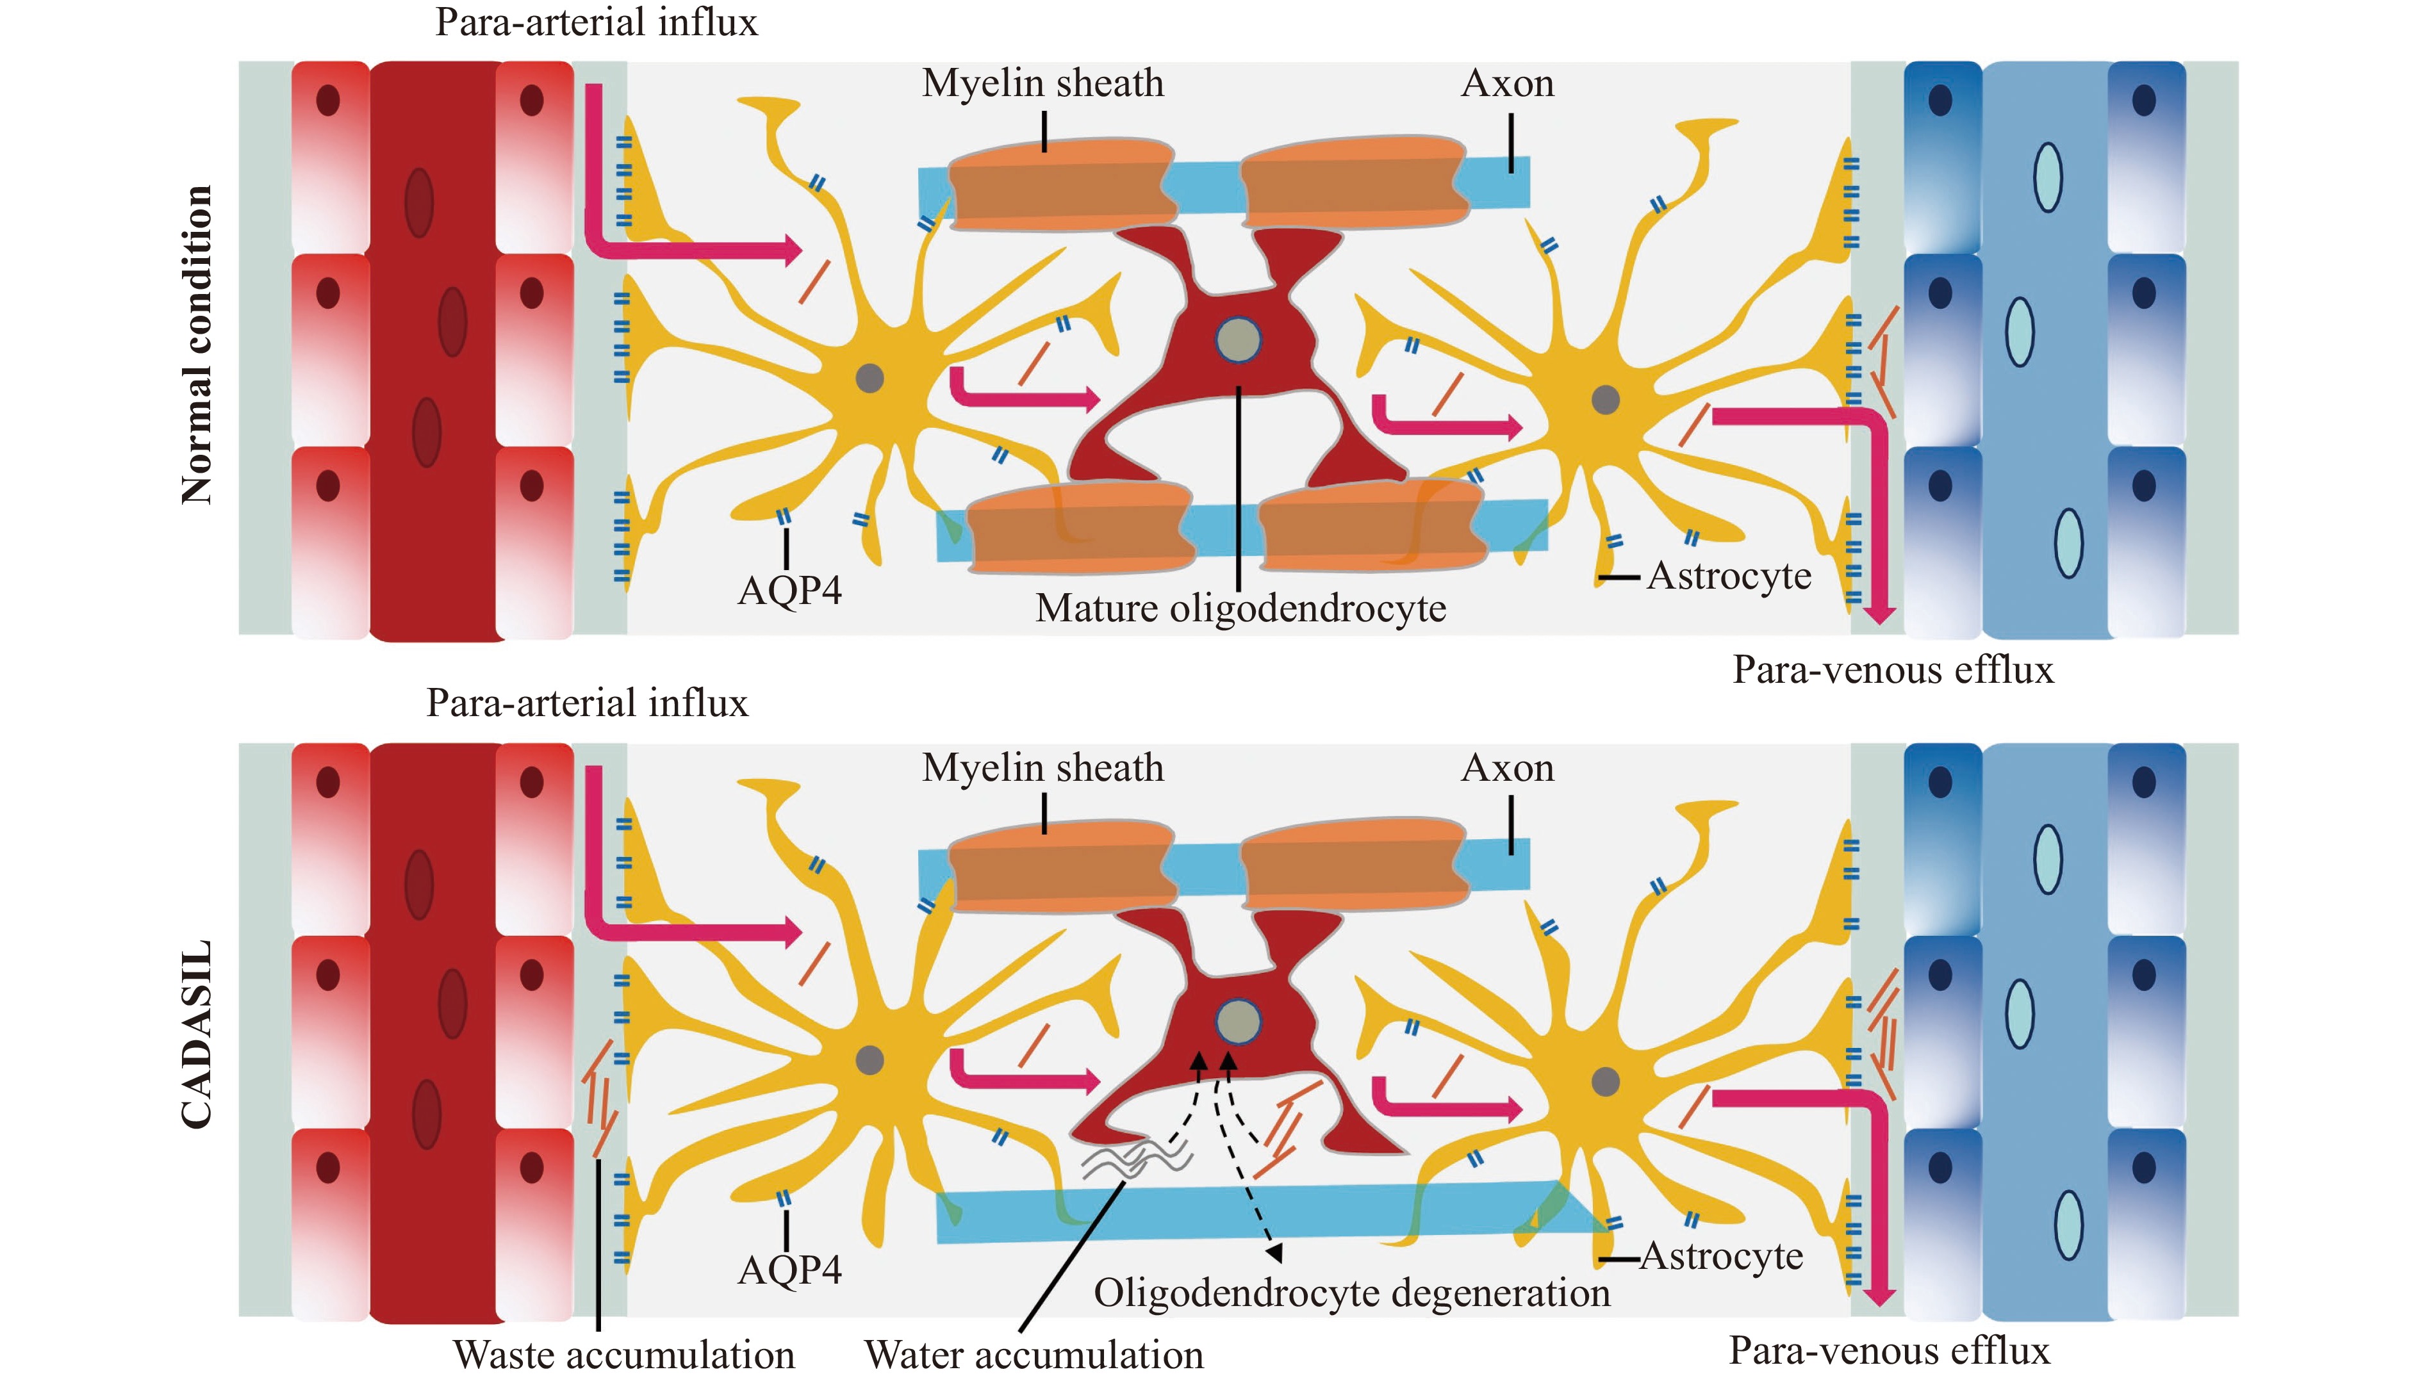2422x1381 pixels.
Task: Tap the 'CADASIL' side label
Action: [196, 1035]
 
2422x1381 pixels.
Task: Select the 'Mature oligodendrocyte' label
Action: [1240, 608]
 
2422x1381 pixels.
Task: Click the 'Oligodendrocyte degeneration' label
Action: [1351, 1293]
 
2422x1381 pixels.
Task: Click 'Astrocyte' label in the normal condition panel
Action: [1729, 576]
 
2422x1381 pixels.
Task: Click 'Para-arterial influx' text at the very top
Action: [596, 22]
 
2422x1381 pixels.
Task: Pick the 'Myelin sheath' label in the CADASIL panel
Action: [1042, 767]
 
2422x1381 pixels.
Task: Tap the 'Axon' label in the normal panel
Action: [1508, 83]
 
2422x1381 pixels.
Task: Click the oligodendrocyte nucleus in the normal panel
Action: [1238, 339]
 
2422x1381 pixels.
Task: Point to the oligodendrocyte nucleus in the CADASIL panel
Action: [1238, 1022]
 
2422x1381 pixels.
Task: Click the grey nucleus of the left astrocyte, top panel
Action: [869, 377]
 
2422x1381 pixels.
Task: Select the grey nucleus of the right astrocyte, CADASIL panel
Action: [1604, 1081]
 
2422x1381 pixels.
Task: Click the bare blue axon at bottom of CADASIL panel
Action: [1233, 1214]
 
